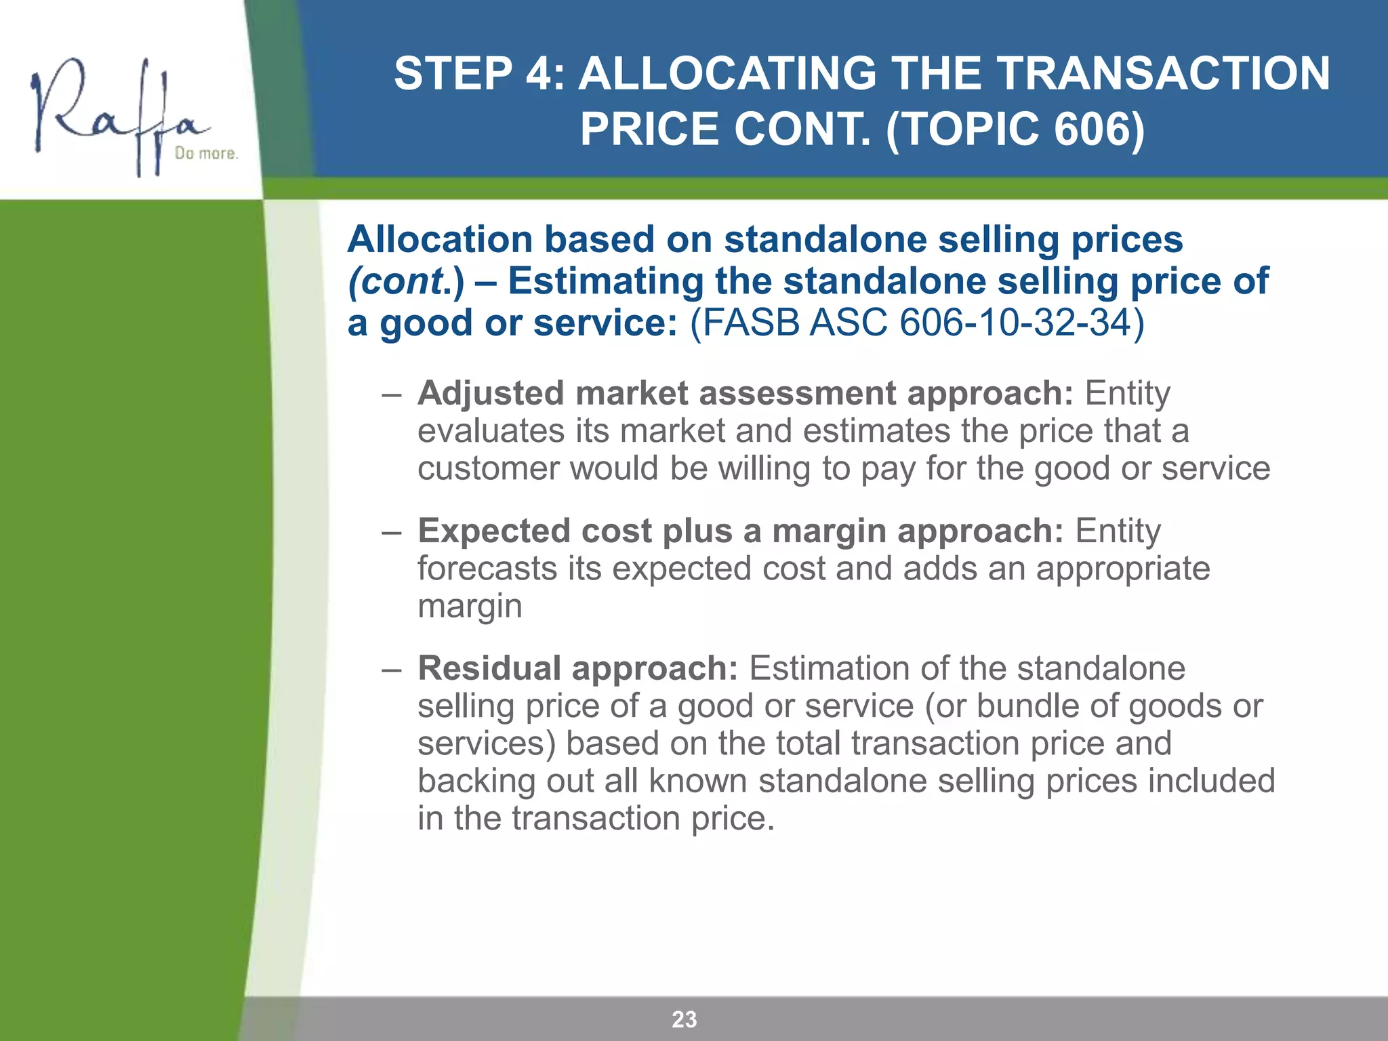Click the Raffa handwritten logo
(115, 112)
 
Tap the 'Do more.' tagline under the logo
(206, 154)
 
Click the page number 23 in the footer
(685, 1019)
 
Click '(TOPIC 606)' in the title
(1015, 129)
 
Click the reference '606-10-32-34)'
(1022, 322)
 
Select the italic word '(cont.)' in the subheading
(406, 281)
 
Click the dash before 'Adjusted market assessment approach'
(391, 394)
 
